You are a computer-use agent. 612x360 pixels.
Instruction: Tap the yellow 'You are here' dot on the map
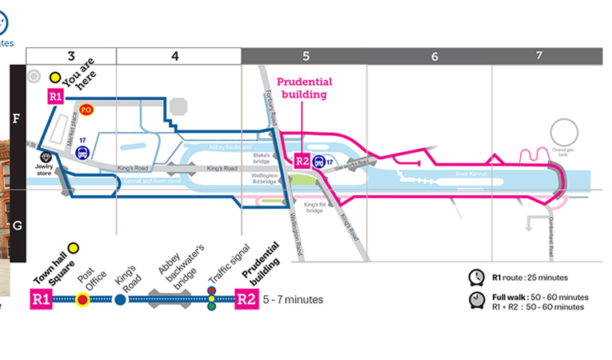pos(54,78)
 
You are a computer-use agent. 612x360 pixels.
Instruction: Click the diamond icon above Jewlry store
pos(46,158)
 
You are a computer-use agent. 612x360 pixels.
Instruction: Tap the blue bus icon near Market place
pos(81,150)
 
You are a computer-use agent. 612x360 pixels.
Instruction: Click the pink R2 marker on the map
pos(302,161)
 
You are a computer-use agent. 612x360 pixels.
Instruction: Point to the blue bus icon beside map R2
pos(318,161)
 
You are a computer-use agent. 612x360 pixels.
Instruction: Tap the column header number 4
pos(174,56)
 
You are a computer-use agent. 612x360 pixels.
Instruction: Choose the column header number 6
pos(434,56)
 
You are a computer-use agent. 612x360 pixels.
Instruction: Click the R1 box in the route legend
pos(42,300)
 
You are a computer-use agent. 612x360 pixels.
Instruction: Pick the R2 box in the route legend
pos(246,300)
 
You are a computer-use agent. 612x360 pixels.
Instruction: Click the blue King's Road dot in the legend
pos(120,300)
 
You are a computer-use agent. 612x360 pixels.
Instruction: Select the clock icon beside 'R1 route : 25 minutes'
pos(476,277)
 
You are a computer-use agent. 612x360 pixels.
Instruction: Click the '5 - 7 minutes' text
pos(293,300)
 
